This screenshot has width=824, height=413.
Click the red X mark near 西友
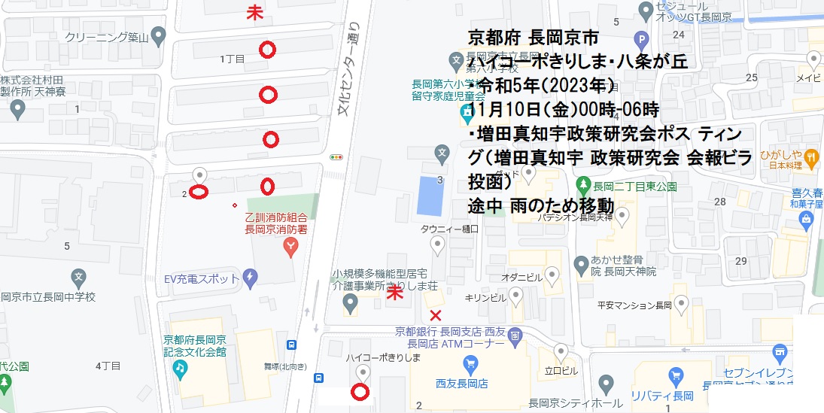point(435,314)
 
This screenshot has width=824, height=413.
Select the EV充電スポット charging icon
point(250,278)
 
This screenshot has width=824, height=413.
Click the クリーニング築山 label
point(105,36)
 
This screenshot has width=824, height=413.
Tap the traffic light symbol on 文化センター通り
point(336,158)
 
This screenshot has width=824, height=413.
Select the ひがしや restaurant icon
point(811,156)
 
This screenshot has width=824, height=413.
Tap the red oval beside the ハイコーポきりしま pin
point(360,391)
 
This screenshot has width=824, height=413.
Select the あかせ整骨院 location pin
point(580,265)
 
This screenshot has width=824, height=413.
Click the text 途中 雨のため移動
point(541,205)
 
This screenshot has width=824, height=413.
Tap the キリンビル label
point(485,297)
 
